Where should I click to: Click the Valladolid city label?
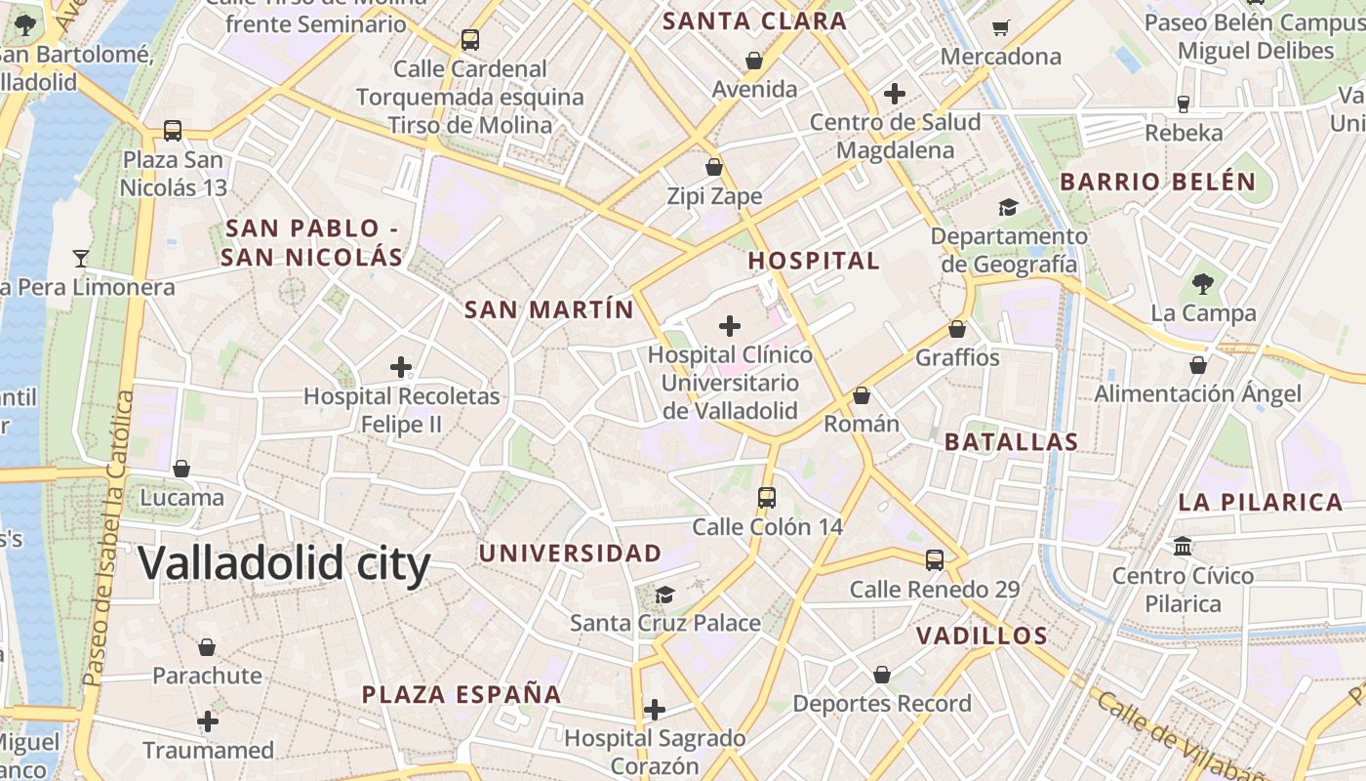[x=284, y=564]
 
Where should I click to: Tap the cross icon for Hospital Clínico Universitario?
[x=729, y=326]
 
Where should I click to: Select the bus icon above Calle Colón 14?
[x=767, y=498]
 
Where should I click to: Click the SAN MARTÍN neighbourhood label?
[x=548, y=310]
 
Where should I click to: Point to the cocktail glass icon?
[x=81, y=259]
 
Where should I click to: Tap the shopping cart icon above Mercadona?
[x=1000, y=27]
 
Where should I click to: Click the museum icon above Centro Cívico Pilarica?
[x=1183, y=546]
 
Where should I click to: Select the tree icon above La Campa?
[x=1202, y=284]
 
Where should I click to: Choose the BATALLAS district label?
[x=1011, y=441]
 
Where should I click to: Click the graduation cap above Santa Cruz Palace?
[x=664, y=594]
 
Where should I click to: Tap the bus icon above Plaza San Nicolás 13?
[x=173, y=130]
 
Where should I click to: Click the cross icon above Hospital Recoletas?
[x=400, y=367]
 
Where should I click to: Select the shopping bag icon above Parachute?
[x=207, y=646]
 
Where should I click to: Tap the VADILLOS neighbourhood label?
[x=982, y=637]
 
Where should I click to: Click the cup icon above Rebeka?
[x=1184, y=103]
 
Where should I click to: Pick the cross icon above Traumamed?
[x=208, y=721]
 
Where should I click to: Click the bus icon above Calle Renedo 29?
[x=935, y=560]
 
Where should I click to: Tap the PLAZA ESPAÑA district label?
[x=462, y=695]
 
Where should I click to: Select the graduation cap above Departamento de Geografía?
[x=1008, y=207]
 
